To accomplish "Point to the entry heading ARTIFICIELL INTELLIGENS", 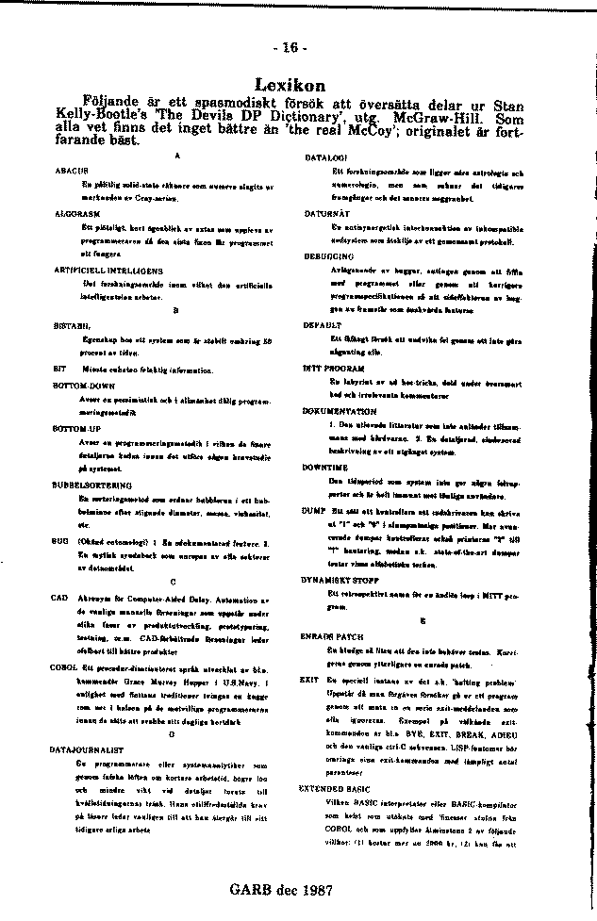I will tap(103, 270).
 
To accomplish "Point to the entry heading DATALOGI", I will tap(327, 156).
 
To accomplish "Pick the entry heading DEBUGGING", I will tap(328, 255).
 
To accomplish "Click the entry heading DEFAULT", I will tap(322, 323).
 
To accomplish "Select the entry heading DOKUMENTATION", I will tap(340, 412).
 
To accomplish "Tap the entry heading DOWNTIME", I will tap(325, 467).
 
